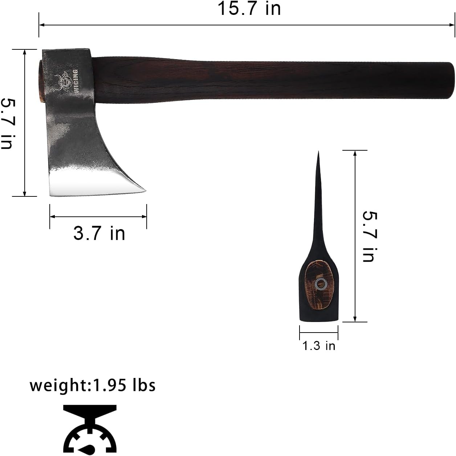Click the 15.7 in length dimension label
tap(249, 8)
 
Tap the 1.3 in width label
tap(319, 345)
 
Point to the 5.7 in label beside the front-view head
tap(370, 236)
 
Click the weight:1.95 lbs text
tap(93, 385)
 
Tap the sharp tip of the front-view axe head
tap(318, 153)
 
